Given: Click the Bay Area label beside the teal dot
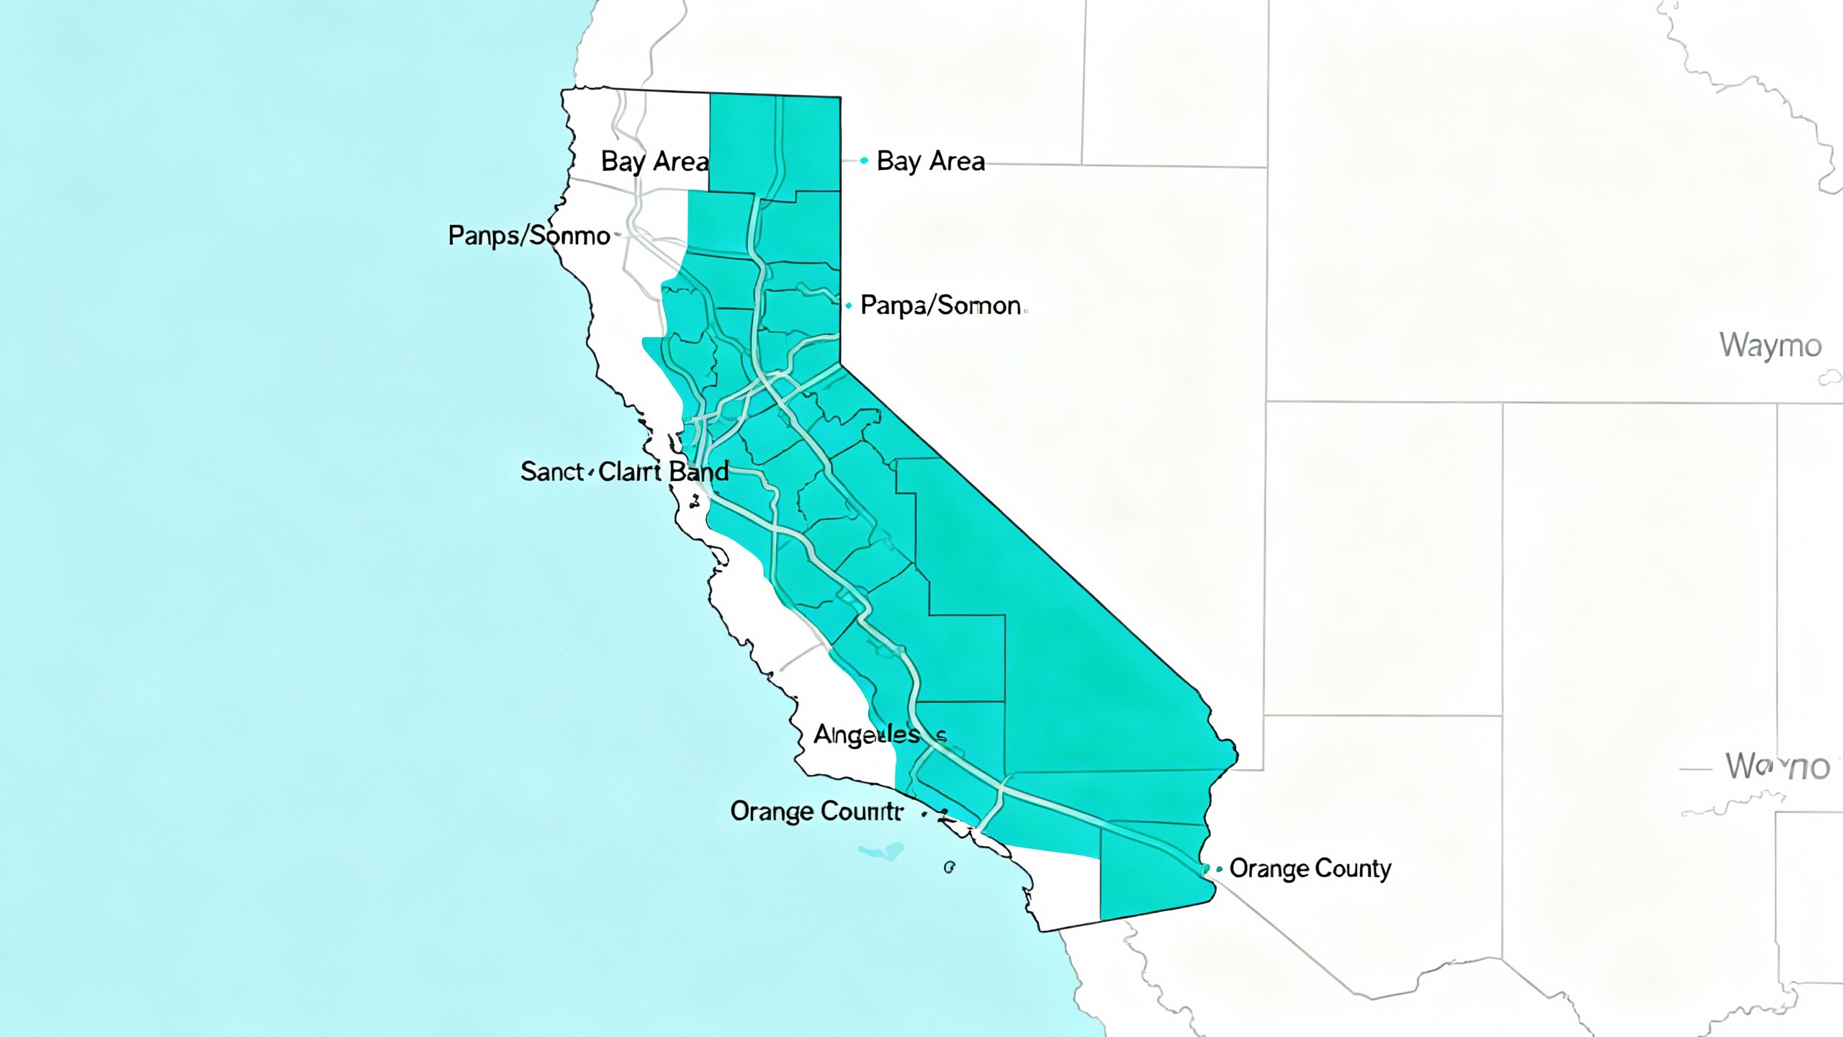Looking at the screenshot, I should click(930, 161).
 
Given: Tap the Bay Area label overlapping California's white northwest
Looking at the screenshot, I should click(654, 162).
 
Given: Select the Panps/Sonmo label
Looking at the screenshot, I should click(529, 235).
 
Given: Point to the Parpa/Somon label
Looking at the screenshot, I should click(940, 306).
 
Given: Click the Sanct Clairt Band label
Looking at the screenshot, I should click(624, 472).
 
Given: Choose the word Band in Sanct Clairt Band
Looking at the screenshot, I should click(698, 472).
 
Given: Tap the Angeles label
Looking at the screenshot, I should click(867, 735).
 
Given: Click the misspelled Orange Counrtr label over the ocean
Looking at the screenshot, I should click(816, 812).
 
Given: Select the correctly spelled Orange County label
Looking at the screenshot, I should click(1310, 868).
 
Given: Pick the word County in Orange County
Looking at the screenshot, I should click(1353, 868).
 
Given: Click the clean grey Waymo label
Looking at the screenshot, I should click(1770, 346).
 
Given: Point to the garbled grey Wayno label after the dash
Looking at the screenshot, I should click(1777, 766).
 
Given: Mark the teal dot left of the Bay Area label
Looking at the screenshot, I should click(864, 161).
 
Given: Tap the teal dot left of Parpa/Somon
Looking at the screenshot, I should click(849, 306).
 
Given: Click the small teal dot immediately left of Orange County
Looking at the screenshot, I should click(1219, 869).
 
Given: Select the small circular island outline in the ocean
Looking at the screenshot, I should click(949, 868).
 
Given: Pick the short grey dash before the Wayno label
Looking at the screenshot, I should click(1695, 770).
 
